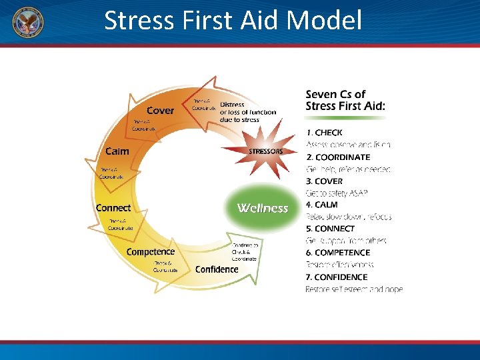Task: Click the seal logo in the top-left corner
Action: pyautogui.click(x=27, y=22)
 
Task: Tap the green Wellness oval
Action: pyautogui.click(x=263, y=208)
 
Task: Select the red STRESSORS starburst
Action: pyautogui.click(x=265, y=151)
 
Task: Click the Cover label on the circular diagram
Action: pyautogui.click(x=160, y=110)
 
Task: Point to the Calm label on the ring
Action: pyautogui.click(x=117, y=151)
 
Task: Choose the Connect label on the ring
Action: pyautogui.click(x=113, y=208)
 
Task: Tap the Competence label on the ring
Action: pyautogui.click(x=150, y=251)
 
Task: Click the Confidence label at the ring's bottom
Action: pyautogui.click(x=217, y=269)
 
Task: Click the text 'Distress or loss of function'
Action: pyautogui.click(x=247, y=111)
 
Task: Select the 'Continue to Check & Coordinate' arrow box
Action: pyautogui.click(x=244, y=251)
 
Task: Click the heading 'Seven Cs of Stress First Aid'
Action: pyautogui.click(x=345, y=100)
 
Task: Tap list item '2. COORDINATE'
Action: pyautogui.click(x=338, y=157)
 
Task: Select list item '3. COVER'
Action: pyautogui.click(x=324, y=181)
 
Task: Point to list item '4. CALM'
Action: pyautogui.click(x=321, y=205)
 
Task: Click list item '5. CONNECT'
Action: pyautogui.click(x=330, y=229)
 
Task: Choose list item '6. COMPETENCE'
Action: pyautogui.click(x=337, y=253)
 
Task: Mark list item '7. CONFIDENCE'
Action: pyautogui.click(x=336, y=277)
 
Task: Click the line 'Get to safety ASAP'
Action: pyautogui.click(x=337, y=193)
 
